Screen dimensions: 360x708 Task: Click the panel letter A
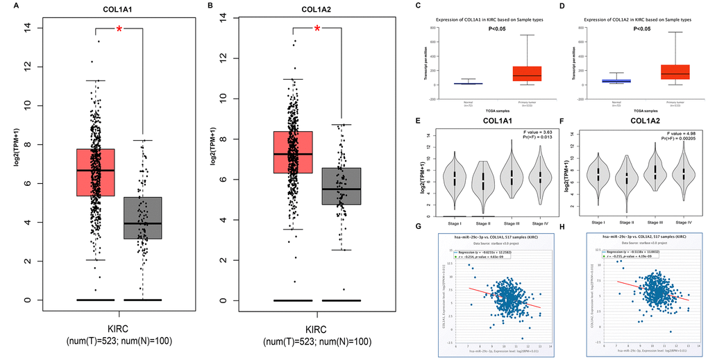click(6, 5)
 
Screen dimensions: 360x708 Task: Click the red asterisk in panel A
click(119, 29)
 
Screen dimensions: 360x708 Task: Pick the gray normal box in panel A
click(142, 218)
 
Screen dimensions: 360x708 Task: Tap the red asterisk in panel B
click(317, 29)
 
